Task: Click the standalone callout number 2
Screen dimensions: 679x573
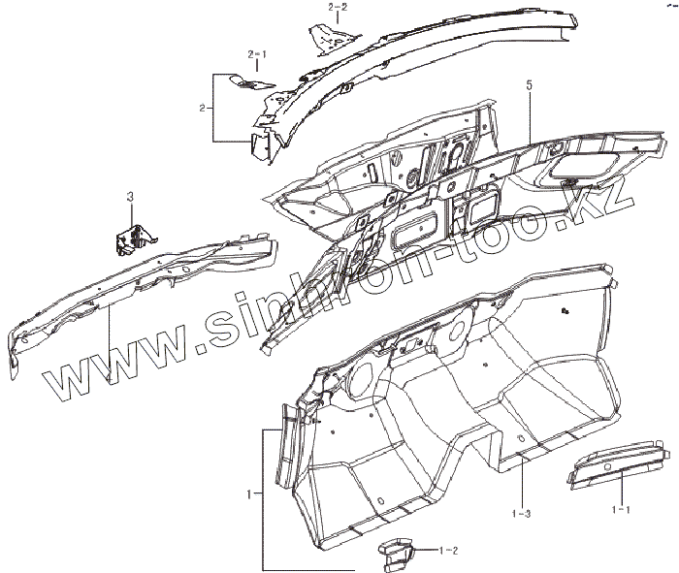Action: [201, 108]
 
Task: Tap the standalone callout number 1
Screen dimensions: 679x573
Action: [250, 493]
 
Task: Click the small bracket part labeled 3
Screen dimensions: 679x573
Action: [135, 238]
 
